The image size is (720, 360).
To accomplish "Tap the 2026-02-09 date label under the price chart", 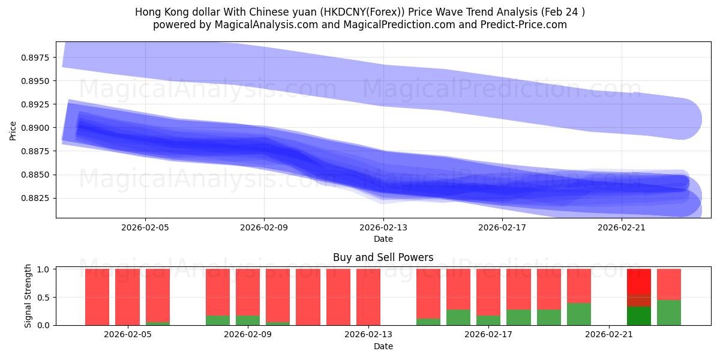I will [264, 228].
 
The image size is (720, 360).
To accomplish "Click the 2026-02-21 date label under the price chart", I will [622, 228].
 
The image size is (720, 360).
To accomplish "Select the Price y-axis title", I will [13, 130].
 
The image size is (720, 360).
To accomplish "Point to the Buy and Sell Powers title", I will [383, 257].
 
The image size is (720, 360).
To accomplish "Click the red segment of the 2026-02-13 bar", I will [368, 296].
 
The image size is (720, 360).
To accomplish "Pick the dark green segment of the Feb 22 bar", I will [639, 316].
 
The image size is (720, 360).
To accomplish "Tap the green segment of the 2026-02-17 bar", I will [488, 320].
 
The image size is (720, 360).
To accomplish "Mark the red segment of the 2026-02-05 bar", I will [127, 296].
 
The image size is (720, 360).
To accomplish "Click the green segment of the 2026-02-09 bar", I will [248, 320].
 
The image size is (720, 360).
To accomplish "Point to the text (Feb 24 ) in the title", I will [561, 11].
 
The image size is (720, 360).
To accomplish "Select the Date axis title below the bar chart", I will [383, 346].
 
